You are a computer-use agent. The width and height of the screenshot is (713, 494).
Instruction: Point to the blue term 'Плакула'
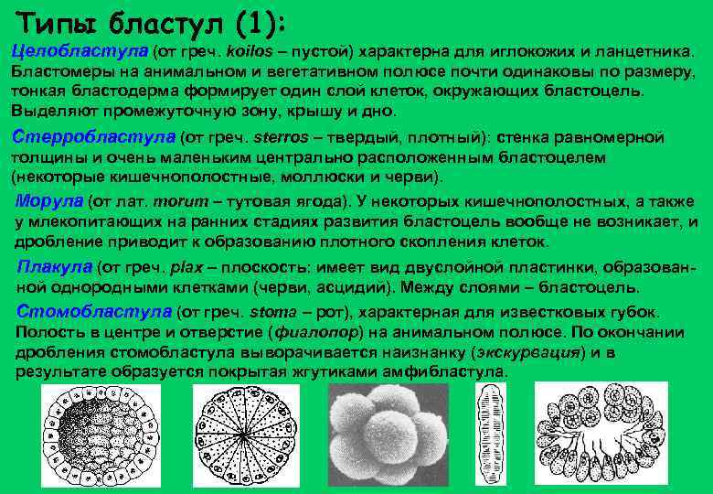54,266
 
